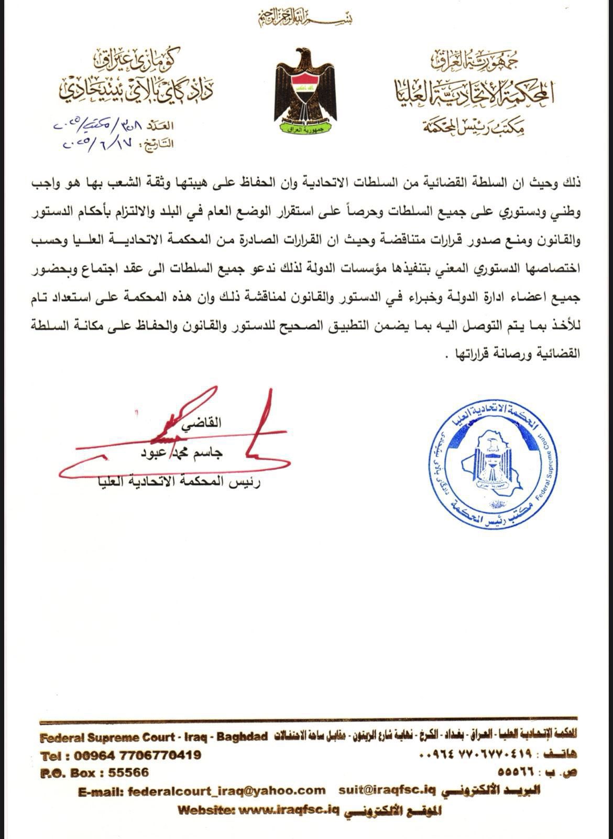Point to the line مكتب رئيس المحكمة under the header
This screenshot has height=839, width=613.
(x=485, y=125)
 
